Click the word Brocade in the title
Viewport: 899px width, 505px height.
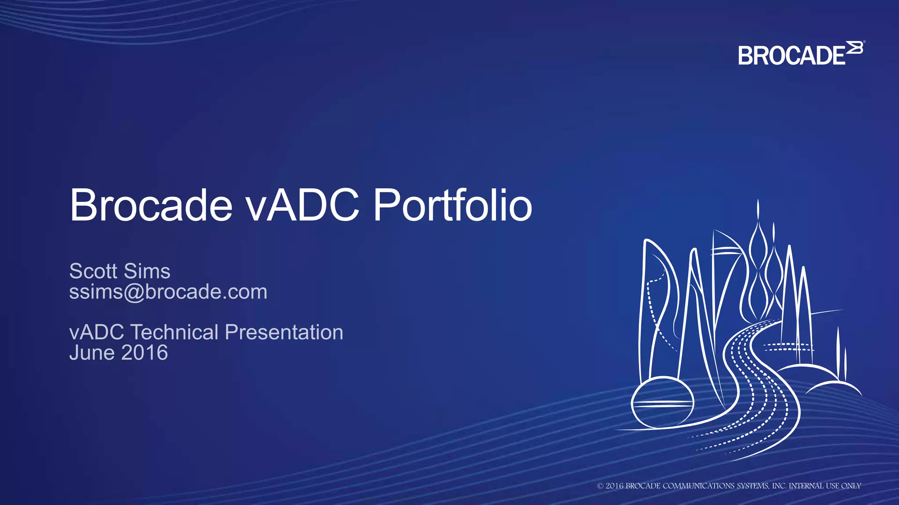tap(151, 205)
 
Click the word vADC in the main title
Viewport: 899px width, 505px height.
tap(302, 205)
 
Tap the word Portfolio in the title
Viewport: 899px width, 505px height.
tap(453, 205)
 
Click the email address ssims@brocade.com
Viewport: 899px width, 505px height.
tap(168, 292)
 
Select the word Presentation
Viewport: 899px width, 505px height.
tap(284, 332)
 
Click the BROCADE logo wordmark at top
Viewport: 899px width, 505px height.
tap(791, 56)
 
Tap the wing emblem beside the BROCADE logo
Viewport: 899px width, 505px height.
tap(855, 48)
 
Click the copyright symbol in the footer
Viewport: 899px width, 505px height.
tap(600, 486)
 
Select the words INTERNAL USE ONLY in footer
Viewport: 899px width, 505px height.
tap(825, 486)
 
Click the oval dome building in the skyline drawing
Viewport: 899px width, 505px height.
tap(662, 402)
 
